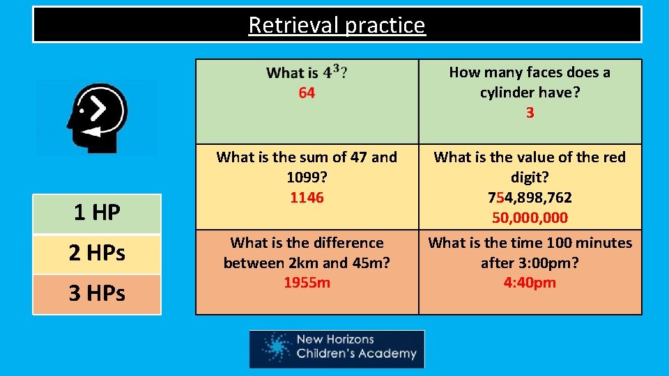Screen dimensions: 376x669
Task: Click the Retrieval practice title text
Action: click(x=337, y=25)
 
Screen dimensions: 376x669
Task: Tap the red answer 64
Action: click(x=307, y=93)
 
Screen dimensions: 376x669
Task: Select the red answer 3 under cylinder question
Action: click(x=530, y=113)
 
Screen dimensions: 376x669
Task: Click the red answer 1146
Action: click(x=307, y=198)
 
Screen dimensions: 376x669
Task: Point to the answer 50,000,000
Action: click(x=530, y=218)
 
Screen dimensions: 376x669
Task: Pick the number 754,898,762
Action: click(x=530, y=198)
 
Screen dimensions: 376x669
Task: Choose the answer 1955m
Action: click(x=307, y=283)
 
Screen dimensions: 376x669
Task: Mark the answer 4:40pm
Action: click(x=530, y=283)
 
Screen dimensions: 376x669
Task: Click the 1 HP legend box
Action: click(x=97, y=213)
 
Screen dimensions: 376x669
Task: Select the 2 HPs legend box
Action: click(x=97, y=253)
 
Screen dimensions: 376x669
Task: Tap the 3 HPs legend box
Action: click(x=97, y=294)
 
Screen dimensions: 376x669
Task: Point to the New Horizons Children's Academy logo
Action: click(x=337, y=348)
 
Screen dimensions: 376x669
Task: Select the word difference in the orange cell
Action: click(x=351, y=243)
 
